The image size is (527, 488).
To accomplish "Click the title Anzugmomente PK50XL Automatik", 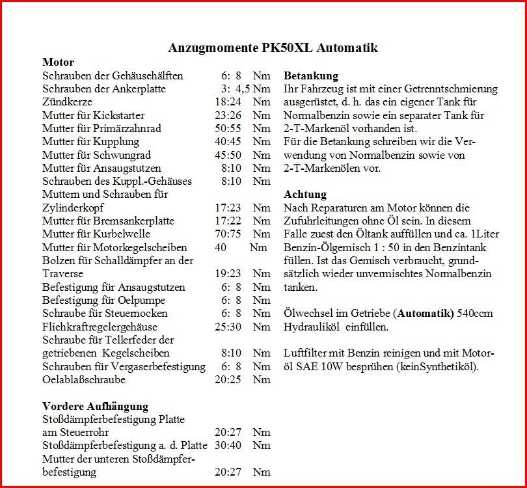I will point(273,48).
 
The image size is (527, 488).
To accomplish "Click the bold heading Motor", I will point(58,62).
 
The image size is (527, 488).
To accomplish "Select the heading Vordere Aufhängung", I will point(95,406).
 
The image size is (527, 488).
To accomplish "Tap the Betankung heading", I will point(311,75).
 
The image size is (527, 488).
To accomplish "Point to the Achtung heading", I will point(305,195).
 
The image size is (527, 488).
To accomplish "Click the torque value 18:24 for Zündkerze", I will point(228,102).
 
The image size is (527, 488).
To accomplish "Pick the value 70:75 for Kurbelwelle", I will point(228,234).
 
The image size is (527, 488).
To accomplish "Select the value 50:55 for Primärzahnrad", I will point(228,128).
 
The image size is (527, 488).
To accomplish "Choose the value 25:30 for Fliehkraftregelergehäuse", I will point(228,327).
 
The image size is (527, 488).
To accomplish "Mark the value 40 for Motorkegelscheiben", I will point(221,247).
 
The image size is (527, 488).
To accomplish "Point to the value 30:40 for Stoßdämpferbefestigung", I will point(228,446).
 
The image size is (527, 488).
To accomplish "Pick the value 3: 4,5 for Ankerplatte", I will point(236,88).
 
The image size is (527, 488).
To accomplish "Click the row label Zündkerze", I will point(67,102).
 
